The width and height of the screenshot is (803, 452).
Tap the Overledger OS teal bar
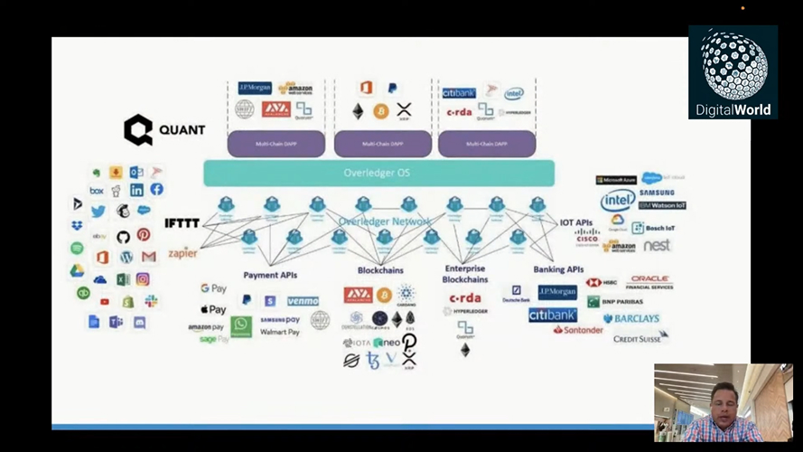tap(378, 173)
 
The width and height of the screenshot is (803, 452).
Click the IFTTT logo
tap(182, 223)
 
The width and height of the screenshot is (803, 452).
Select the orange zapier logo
tap(182, 253)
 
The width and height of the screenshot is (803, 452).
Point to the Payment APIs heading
tap(270, 275)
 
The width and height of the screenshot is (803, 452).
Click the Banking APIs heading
tap(558, 269)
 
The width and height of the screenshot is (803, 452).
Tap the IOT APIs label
tap(575, 222)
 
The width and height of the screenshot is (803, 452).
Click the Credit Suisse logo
tap(640, 338)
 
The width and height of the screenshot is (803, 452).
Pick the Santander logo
tap(578, 331)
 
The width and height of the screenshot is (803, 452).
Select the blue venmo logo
tap(303, 301)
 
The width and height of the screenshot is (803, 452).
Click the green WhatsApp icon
tap(240, 326)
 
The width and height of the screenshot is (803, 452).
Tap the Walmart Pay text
tap(280, 333)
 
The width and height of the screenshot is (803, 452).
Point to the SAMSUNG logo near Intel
tap(657, 193)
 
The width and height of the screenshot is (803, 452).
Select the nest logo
tap(657, 245)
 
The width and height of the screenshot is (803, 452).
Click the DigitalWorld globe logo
tap(733, 72)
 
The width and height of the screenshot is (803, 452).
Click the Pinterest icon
tap(144, 235)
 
